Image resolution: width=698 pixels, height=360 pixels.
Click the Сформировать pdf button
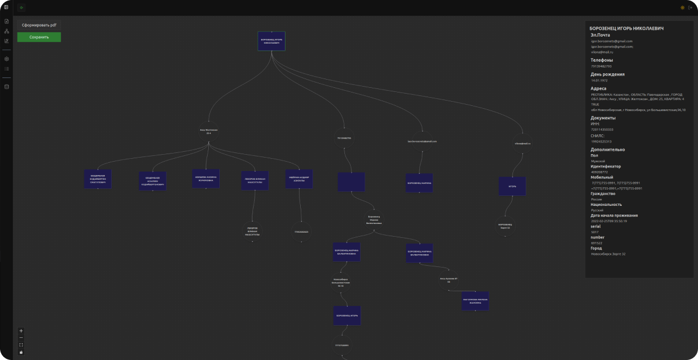tap(39, 26)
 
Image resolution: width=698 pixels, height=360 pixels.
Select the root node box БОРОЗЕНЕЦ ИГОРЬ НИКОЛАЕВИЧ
tap(272, 41)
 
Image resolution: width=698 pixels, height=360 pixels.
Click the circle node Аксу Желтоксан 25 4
tap(208, 131)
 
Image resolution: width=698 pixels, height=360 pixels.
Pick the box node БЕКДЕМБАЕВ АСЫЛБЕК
tap(152, 181)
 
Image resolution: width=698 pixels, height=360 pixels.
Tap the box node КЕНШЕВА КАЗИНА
tap(206, 179)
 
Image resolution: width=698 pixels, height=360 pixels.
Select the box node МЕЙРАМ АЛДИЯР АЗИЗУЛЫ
tap(300, 179)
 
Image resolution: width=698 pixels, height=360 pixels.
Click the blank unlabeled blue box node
tap(351, 181)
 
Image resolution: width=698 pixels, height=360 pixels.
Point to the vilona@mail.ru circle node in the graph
tap(522, 142)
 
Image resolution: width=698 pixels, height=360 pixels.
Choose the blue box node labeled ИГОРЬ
tap(512, 186)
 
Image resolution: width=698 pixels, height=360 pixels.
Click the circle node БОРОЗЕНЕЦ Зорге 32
tap(505, 226)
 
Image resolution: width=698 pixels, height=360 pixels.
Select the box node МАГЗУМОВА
tap(475, 301)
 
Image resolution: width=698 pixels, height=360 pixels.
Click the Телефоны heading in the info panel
tap(601, 60)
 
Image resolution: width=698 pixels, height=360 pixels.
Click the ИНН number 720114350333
tap(602, 129)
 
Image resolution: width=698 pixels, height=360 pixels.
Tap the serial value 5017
tap(595, 232)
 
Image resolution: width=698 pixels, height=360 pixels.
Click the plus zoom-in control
tap(22, 331)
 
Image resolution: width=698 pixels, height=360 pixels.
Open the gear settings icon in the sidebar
tap(7, 59)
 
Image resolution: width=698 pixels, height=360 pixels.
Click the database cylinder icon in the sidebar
tap(7, 87)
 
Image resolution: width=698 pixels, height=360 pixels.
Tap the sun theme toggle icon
tap(682, 8)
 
